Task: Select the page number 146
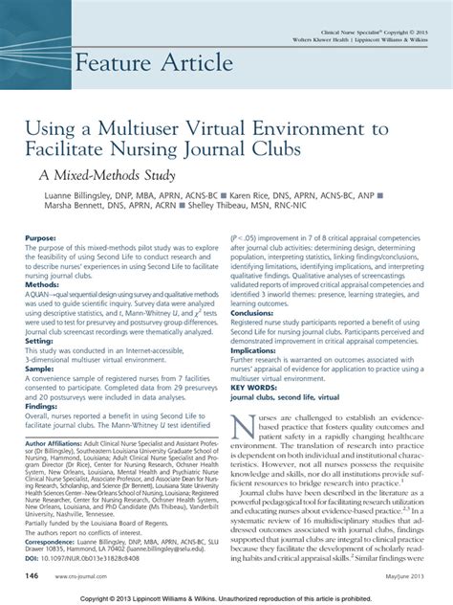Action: [x=32, y=576]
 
